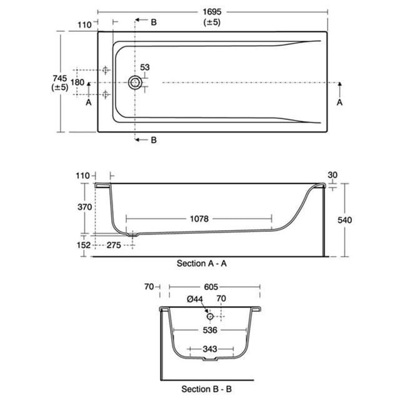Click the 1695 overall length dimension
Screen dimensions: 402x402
pyautogui.click(x=212, y=12)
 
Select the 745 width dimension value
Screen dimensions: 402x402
pyautogui.click(x=60, y=78)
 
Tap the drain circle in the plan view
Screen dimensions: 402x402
pyautogui.click(x=135, y=83)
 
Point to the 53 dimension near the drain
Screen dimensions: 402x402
pyautogui.click(x=144, y=68)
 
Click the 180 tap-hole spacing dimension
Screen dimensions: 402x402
pyautogui.click(x=78, y=83)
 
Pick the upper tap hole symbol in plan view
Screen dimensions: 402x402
pyautogui.click(x=105, y=69)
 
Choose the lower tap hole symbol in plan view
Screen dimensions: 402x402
pyautogui.click(x=105, y=94)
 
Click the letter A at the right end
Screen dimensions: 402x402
pyautogui.click(x=339, y=103)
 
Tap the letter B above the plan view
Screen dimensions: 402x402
pyautogui.click(x=154, y=23)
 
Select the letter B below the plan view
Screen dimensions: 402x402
pyautogui.click(x=154, y=140)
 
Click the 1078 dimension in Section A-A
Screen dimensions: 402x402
pyautogui.click(x=199, y=219)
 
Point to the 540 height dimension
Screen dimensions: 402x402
pyautogui.click(x=344, y=220)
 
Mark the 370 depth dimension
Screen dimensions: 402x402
pyautogui.click(x=84, y=207)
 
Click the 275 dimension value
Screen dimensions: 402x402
pyautogui.click(x=114, y=245)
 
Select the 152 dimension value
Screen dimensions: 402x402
pyautogui.click(x=84, y=245)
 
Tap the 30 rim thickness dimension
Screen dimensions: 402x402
pyautogui.click(x=333, y=175)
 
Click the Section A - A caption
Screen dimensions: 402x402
pyautogui.click(x=202, y=264)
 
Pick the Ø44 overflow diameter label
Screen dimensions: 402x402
pyautogui.click(x=195, y=299)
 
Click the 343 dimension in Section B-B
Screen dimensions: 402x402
pyautogui.click(x=210, y=349)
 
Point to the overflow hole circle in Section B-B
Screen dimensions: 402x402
pyautogui.click(x=210, y=316)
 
